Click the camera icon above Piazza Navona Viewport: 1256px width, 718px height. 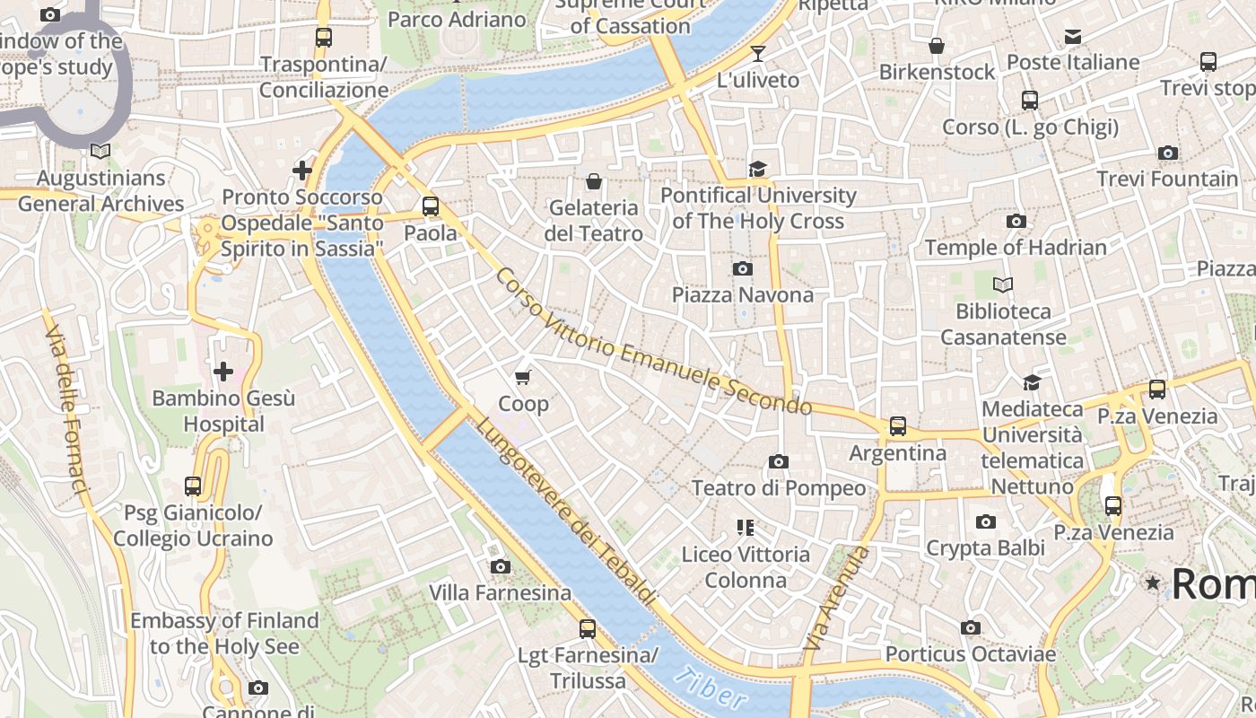(x=743, y=268)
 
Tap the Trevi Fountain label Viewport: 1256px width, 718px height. (x=1167, y=179)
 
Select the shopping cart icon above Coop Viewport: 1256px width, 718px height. (x=523, y=377)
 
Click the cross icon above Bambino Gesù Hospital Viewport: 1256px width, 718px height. (x=222, y=371)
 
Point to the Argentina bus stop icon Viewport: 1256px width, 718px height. (x=898, y=426)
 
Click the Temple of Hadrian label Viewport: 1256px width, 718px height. (x=1016, y=247)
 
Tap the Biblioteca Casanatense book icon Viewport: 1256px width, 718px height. (x=1003, y=285)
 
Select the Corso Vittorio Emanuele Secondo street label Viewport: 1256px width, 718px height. (x=652, y=342)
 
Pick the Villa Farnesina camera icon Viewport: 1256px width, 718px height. (x=501, y=566)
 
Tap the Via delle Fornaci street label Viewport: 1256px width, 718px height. (x=68, y=409)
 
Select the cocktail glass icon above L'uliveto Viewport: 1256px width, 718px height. (x=758, y=54)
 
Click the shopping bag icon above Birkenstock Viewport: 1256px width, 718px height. (x=937, y=46)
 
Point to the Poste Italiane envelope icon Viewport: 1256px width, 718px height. (x=1073, y=37)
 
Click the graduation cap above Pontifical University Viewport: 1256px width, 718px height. (x=758, y=169)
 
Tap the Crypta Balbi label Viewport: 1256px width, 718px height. (x=985, y=547)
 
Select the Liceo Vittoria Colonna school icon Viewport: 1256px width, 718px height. (x=745, y=527)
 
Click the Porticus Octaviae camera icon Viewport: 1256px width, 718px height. (x=970, y=628)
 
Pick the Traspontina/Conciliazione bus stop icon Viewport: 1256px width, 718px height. (x=324, y=38)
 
